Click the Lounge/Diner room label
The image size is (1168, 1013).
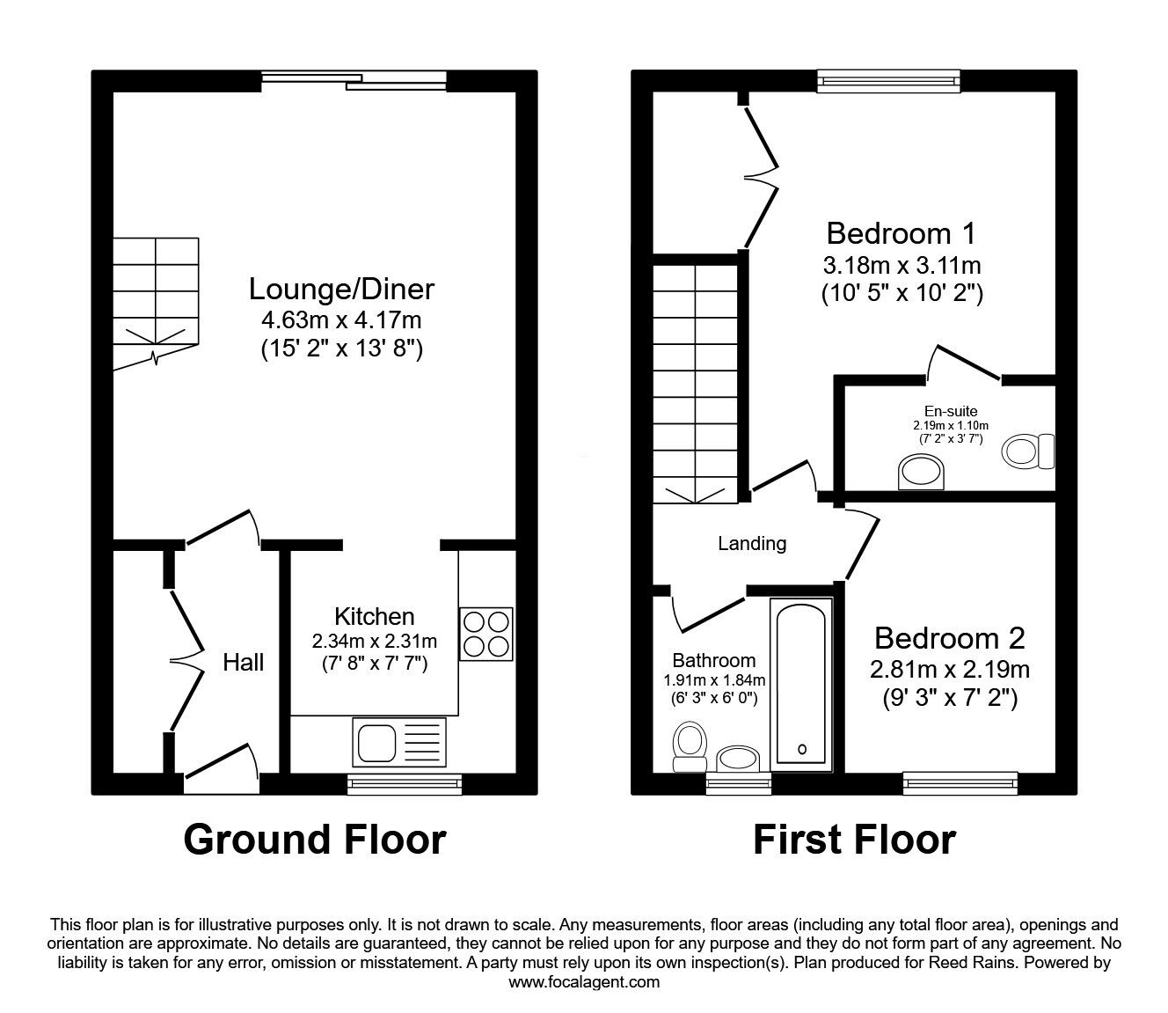click(341, 289)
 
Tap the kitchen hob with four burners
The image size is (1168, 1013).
click(486, 634)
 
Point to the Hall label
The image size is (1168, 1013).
click(243, 663)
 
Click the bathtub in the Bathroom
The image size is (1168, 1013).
click(801, 685)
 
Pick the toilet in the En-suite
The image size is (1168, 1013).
click(1028, 451)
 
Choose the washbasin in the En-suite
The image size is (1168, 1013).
click(921, 473)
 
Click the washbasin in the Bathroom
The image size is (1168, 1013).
click(738, 759)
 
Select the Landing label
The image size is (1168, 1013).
click(752, 544)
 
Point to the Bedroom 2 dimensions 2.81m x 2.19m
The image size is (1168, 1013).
click(949, 670)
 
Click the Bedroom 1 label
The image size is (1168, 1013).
click(902, 233)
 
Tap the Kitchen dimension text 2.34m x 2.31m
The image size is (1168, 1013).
click(374, 641)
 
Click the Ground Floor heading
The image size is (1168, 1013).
click(315, 840)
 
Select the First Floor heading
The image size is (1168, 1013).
click(854, 840)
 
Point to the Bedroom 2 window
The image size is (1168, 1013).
click(960, 782)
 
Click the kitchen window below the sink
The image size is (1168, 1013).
click(404, 783)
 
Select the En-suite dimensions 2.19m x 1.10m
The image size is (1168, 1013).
click(951, 425)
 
